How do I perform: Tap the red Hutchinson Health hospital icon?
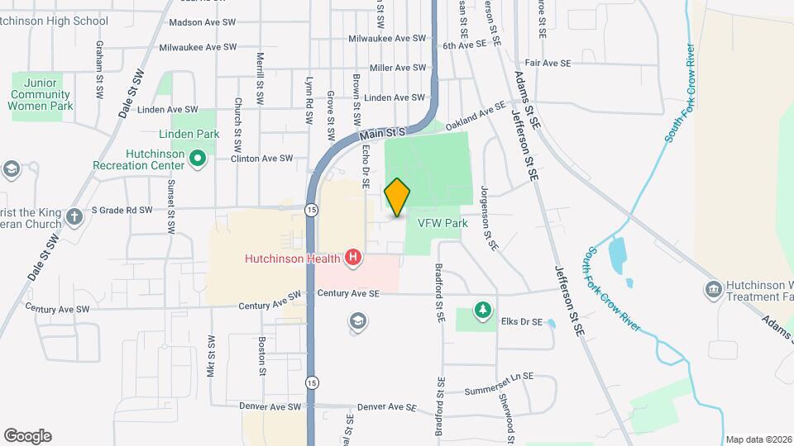pos(354,259)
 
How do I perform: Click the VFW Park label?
pos(442,223)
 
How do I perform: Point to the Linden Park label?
pos(189,134)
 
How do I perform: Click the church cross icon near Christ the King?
pos(74,217)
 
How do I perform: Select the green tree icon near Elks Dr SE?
pos(481,310)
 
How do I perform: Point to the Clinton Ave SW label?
pos(261,159)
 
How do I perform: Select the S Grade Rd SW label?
pos(122,210)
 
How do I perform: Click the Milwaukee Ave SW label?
pos(198,47)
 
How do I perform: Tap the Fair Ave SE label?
pos(548,63)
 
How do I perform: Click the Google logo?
pos(27,436)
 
